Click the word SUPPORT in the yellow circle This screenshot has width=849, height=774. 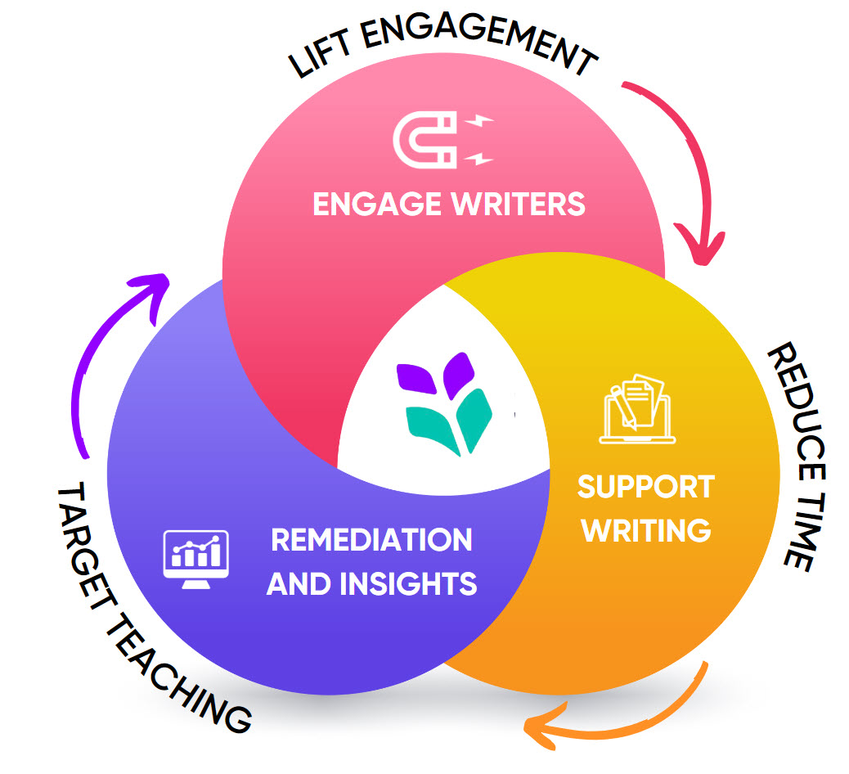pos(645,488)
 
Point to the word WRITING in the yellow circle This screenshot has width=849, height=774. pos(645,530)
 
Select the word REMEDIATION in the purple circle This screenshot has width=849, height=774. pos(371,540)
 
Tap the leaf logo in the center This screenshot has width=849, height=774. pos(444,401)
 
